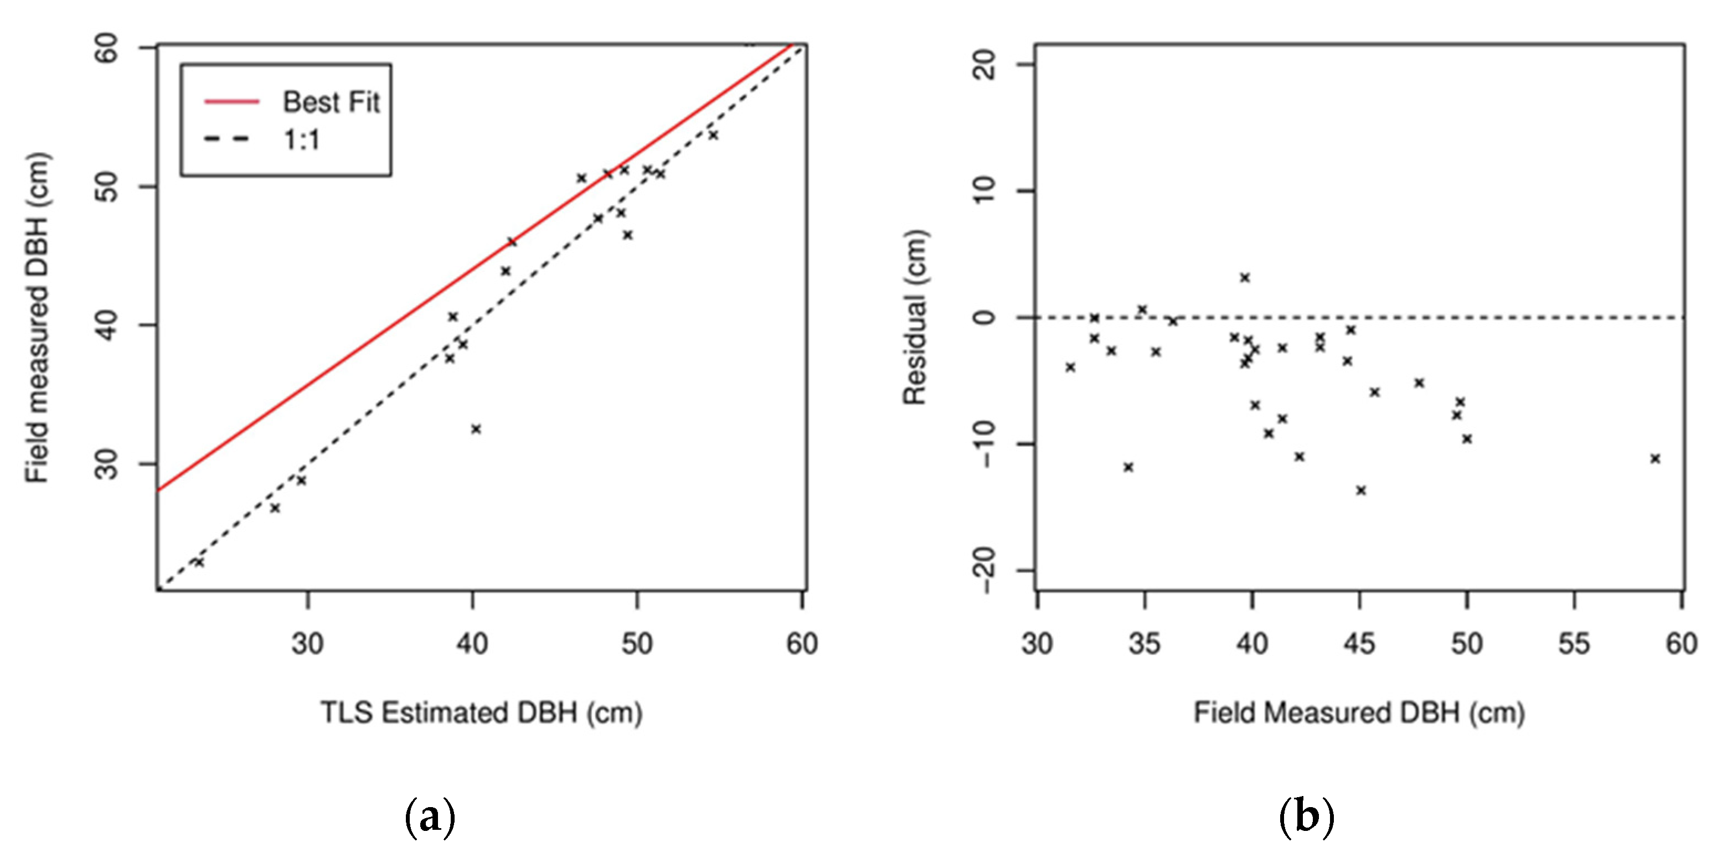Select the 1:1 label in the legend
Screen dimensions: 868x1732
(302, 140)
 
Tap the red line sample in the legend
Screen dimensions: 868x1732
(231, 101)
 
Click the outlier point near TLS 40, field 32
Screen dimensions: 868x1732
(476, 429)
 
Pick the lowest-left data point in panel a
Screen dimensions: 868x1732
(198, 562)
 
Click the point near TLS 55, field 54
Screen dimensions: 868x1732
(713, 135)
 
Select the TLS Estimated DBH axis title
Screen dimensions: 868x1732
(481, 712)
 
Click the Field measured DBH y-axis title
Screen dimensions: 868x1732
(38, 317)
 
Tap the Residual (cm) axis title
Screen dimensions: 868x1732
(914, 317)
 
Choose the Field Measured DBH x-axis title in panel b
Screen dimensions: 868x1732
(1359, 712)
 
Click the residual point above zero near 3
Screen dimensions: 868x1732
(1245, 278)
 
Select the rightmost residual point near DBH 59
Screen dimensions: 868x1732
(1656, 458)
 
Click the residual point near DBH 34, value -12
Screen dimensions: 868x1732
(1128, 467)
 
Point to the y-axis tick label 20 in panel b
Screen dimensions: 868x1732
(986, 66)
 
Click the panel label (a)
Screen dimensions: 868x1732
(430, 818)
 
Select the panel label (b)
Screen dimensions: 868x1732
(1306, 818)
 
